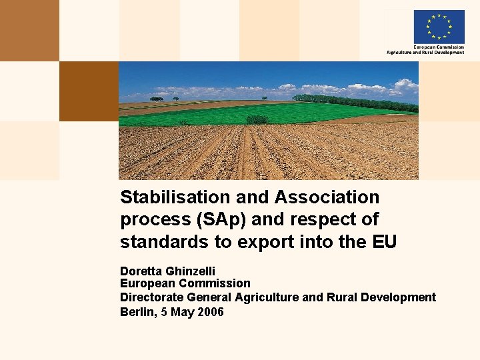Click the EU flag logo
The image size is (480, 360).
point(439,26)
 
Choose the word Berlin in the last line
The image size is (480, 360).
point(137,311)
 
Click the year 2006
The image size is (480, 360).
point(210,311)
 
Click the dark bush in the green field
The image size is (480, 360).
point(257,119)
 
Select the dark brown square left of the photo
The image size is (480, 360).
point(89,91)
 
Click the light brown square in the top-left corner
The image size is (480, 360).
point(29,30)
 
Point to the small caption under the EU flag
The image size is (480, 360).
point(425,50)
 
